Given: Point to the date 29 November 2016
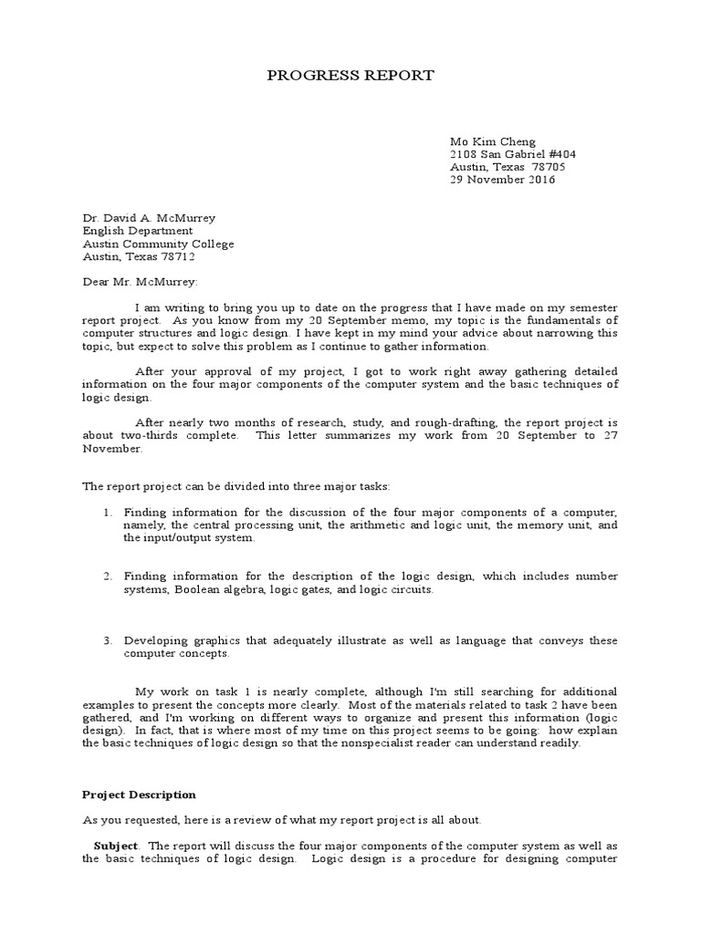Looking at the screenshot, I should point(502,180).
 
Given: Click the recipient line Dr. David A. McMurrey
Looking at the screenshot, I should point(150,218).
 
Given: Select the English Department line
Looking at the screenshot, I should point(138,231).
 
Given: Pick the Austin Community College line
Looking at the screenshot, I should point(159,244).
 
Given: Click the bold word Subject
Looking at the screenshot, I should point(116,846).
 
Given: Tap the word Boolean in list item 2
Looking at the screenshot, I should point(198,589).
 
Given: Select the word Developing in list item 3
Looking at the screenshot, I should point(153,640).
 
